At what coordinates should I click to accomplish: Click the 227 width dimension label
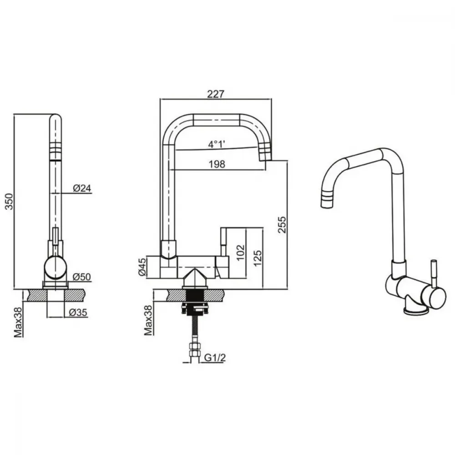[216, 94]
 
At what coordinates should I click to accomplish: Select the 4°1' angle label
[217, 144]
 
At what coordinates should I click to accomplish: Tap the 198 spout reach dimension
[217, 164]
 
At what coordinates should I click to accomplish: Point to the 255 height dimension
[282, 224]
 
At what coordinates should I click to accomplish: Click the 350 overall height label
[10, 202]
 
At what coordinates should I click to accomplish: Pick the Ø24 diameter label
[82, 188]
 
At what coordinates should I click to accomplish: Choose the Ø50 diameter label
[82, 277]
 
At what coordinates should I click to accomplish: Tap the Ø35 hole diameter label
[78, 313]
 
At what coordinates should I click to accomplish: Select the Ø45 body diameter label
[142, 267]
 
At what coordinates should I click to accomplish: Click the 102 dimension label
[241, 253]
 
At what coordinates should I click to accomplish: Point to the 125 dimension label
[258, 258]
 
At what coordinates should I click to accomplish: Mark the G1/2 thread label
[215, 358]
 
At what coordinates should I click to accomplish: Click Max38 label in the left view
[18, 322]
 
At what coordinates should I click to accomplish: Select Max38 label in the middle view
[148, 320]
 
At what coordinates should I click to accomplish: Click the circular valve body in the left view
[56, 267]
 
